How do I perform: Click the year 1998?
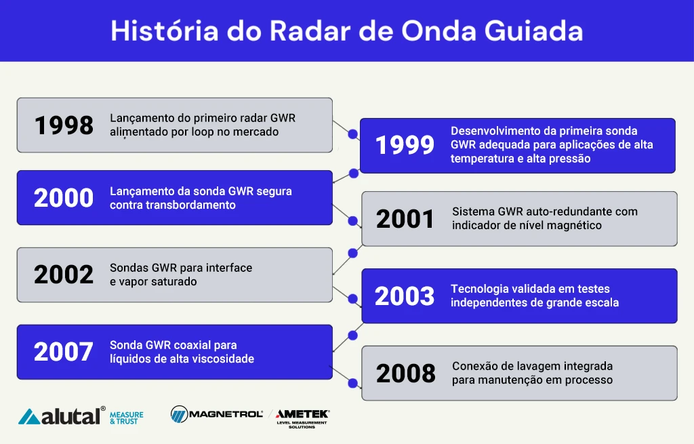point(64,125)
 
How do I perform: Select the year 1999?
point(405,145)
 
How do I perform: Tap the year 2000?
point(64,198)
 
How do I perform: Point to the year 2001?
point(405,219)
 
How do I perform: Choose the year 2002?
point(64,275)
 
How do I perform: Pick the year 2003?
point(405,296)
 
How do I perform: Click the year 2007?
point(64,352)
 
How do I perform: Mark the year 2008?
point(405,374)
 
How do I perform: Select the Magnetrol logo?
point(217,413)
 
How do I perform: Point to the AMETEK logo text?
point(302,413)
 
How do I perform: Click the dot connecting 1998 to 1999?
point(352,135)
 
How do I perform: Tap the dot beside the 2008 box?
point(352,383)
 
